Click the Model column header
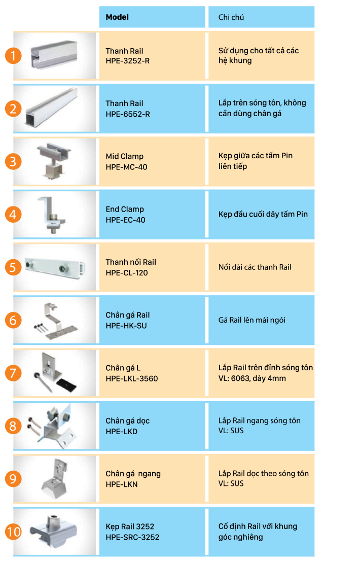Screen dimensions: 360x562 pos(117,17)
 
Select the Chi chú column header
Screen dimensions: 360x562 pos(231,17)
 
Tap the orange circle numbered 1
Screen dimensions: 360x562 pos(13,56)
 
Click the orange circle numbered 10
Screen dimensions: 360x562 pos(13,532)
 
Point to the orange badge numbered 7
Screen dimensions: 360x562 pos(13,373)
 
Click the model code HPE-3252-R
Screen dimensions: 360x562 pos(128,61)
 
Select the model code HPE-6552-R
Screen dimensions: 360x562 pos(128,114)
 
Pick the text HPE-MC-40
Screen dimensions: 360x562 pos(126,167)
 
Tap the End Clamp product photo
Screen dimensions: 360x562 pos(52,215)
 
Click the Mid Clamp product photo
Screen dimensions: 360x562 pos(54,161)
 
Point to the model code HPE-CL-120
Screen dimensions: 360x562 pos(126,273)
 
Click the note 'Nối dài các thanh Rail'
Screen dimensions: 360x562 pos(255,267)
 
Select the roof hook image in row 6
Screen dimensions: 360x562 pos(56,321)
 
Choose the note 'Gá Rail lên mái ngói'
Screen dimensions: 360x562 pos(252,320)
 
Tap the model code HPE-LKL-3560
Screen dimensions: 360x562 pos(131,378)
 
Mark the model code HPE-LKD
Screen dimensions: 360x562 pos(121,432)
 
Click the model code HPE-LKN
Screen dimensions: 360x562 pos(121,484)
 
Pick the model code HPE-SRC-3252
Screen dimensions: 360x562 pos(132,537)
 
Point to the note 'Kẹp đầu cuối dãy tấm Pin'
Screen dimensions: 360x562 pos(263,215)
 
